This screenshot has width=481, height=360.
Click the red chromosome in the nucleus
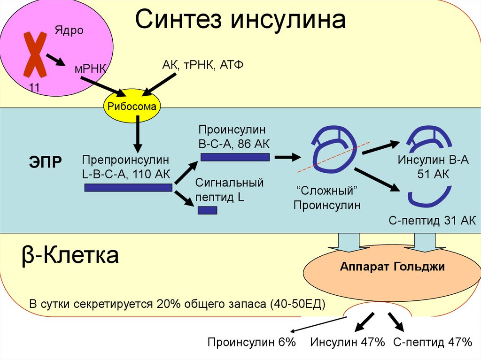35,54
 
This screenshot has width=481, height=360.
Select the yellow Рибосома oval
132,107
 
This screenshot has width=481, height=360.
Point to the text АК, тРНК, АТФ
202,65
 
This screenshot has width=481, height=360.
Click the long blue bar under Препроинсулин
128,188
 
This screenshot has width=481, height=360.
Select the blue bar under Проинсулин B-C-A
234,157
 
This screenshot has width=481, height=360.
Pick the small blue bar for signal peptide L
207,210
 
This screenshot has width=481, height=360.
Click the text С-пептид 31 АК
432,221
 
